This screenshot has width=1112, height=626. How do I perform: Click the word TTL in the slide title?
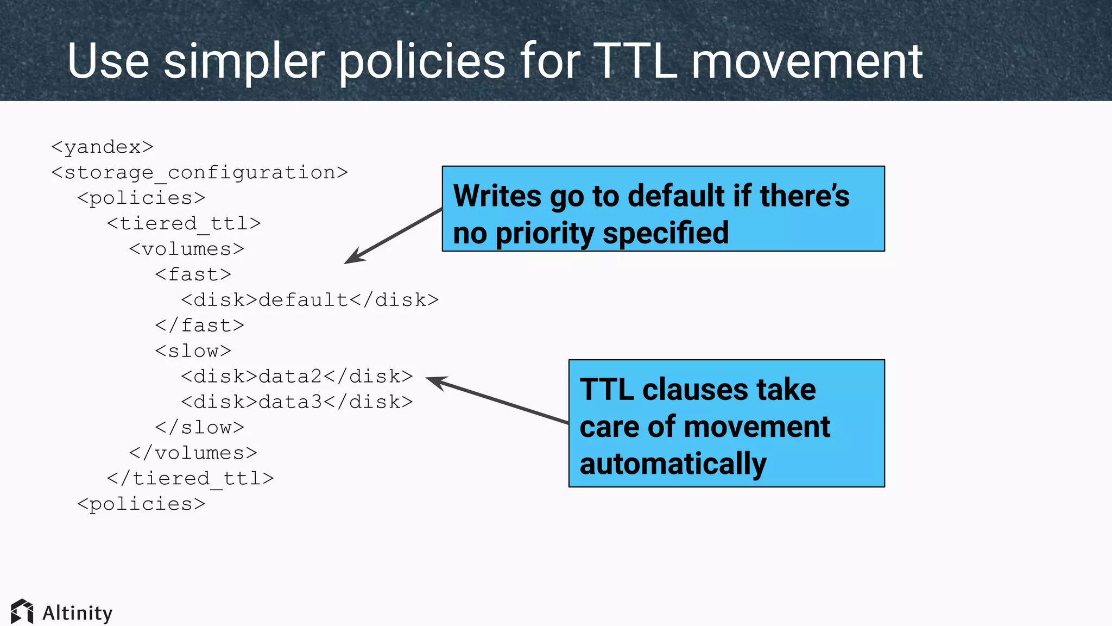tap(635, 61)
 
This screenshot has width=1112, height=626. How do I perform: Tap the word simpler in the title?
tap(244, 62)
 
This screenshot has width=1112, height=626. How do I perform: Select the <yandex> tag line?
tap(102, 147)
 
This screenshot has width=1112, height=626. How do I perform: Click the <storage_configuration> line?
tap(199, 173)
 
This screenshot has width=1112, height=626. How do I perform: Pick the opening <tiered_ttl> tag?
tap(184, 223)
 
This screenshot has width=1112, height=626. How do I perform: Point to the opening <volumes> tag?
tap(186, 249)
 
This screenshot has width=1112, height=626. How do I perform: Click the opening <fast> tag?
tap(193, 274)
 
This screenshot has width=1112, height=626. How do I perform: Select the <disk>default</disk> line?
tap(309, 300)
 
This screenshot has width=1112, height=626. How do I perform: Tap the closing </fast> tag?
tap(199, 325)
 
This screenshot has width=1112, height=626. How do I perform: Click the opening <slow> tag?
tap(193, 351)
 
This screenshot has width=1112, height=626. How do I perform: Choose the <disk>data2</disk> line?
tap(296, 377)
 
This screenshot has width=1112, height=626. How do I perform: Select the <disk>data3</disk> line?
tap(296, 402)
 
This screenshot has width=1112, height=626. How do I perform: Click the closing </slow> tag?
tap(199, 428)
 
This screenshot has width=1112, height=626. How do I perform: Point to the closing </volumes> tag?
tap(193, 453)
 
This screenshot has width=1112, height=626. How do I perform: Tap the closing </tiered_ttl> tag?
tap(190, 479)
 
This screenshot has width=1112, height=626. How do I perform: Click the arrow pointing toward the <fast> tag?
tap(393, 236)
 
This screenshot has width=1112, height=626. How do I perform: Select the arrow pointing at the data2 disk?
tap(497, 400)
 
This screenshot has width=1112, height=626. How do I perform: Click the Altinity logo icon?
tap(22, 612)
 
